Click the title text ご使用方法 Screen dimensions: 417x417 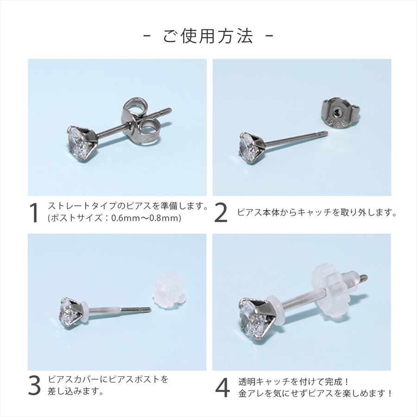pyautogui.click(x=208, y=36)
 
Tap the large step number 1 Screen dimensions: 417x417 pyautogui.click(x=34, y=213)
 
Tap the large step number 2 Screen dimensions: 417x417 pyautogui.click(x=221, y=213)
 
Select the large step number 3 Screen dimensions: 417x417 pyautogui.click(x=34, y=385)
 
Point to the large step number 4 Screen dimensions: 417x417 pyautogui.click(x=222, y=388)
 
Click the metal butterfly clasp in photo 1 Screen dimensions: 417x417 pyautogui.click(x=139, y=121)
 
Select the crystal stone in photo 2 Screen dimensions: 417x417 pyautogui.click(x=248, y=148)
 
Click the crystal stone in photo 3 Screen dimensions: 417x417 pyautogui.click(x=66, y=312)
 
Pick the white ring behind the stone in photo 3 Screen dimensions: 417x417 pyautogui.click(x=84, y=311)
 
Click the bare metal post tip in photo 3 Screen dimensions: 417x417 pyautogui.click(x=148, y=310)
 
